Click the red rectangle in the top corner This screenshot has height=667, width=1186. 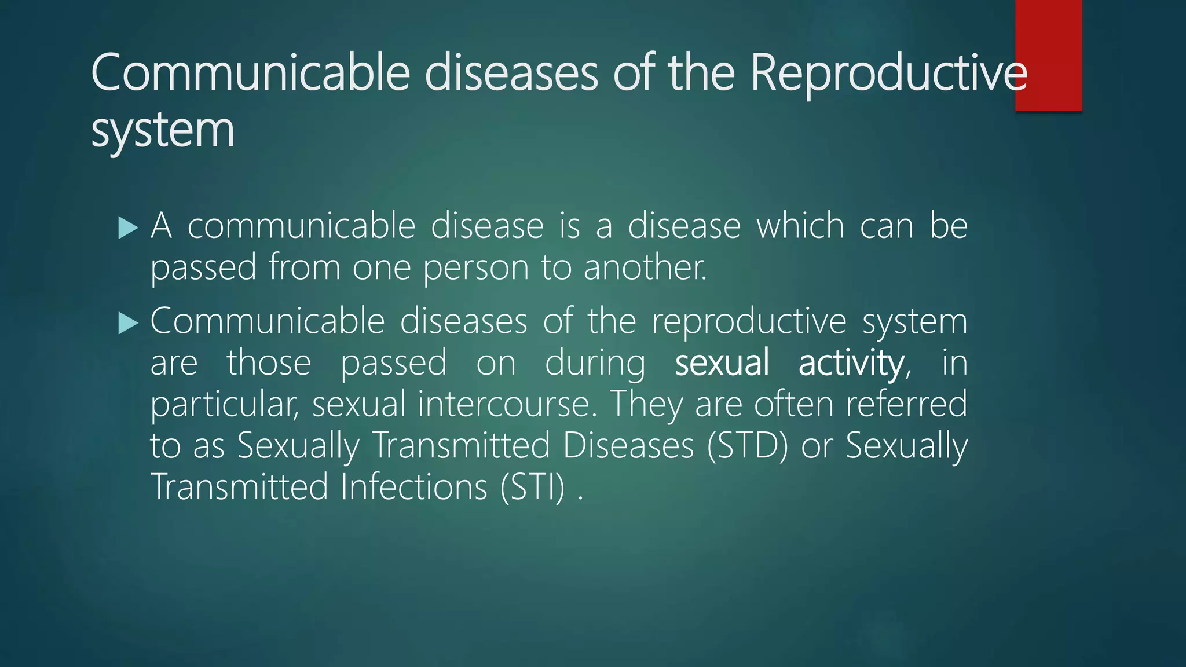pyautogui.click(x=1048, y=55)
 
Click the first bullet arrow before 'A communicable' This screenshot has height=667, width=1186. pyautogui.click(x=128, y=228)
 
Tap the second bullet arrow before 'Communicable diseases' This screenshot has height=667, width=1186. pyautogui.click(x=128, y=323)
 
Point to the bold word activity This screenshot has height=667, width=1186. pyautogui.click(x=851, y=363)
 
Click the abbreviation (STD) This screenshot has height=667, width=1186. pyautogui.click(x=747, y=446)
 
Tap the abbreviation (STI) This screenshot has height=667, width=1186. pyautogui.click(x=532, y=488)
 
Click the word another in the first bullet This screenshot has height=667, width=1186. pyautogui.click(x=645, y=268)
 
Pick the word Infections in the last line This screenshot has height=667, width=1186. pyautogui.click(x=414, y=488)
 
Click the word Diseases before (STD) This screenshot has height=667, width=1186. pyautogui.click(x=628, y=446)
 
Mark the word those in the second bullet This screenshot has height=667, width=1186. pyautogui.click(x=269, y=363)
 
